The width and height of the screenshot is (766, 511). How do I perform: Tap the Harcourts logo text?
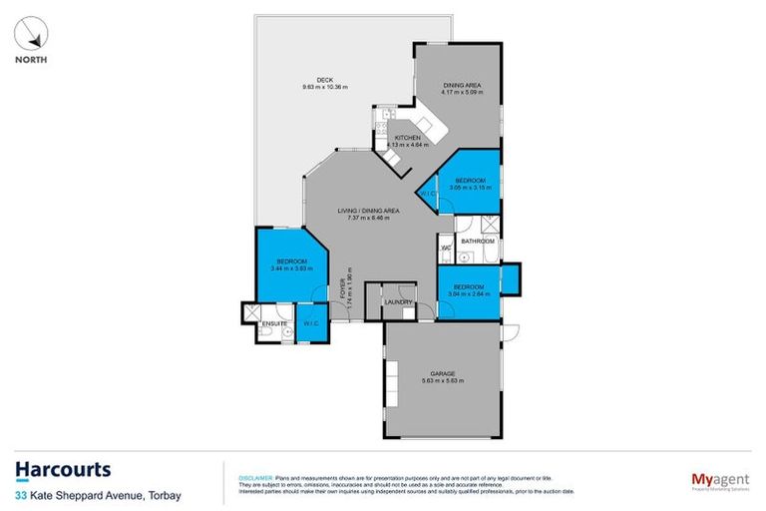(x=63, y=469)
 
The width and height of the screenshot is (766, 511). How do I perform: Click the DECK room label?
(x=324, y=81)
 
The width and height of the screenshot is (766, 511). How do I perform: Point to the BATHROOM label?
(x=478, y=241)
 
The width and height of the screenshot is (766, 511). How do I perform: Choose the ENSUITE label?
(x=274, y=323)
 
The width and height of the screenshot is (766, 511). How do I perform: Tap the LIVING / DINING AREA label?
(x=368, y=211)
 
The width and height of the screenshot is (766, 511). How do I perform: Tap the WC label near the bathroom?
(x=447, y=248)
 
